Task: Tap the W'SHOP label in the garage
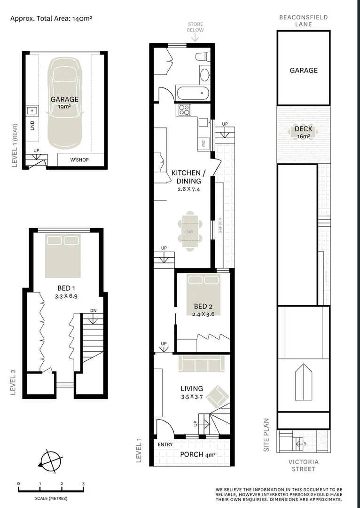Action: pos(79,160)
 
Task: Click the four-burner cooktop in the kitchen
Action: pos(184,111)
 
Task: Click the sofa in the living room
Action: pos(201,364)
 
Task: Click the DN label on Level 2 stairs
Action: pos(94,310)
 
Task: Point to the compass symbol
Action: pos(51,460)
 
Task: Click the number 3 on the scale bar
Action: pos(83,484)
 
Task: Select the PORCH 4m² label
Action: pos(197,454)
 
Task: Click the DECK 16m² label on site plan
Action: pos(303,132)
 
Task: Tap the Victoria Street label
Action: pos(303,465)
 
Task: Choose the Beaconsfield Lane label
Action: pos(303,21)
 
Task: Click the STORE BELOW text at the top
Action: pos(196,27)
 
